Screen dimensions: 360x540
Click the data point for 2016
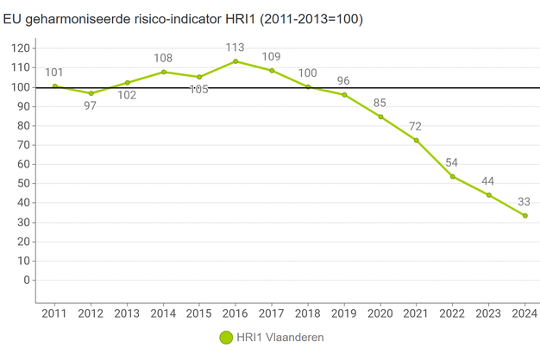point(235,61)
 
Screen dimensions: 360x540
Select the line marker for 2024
point(524,216)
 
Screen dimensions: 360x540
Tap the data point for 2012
point(91,93)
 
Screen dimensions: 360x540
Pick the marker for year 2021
point(416,140)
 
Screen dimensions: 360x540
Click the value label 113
point(235,47)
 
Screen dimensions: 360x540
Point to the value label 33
point(524,202)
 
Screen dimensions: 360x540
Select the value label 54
point(452,162)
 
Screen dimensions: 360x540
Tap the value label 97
point(91,106)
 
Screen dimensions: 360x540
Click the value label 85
point(380,104)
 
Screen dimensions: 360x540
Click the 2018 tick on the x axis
point(308,313)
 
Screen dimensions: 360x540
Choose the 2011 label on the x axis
point(54,313)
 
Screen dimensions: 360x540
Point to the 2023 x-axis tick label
point(488,313)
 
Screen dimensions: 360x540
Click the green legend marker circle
point(226,338)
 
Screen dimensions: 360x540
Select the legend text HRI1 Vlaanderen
point(280,338)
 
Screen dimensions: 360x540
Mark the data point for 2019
point(344,94)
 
